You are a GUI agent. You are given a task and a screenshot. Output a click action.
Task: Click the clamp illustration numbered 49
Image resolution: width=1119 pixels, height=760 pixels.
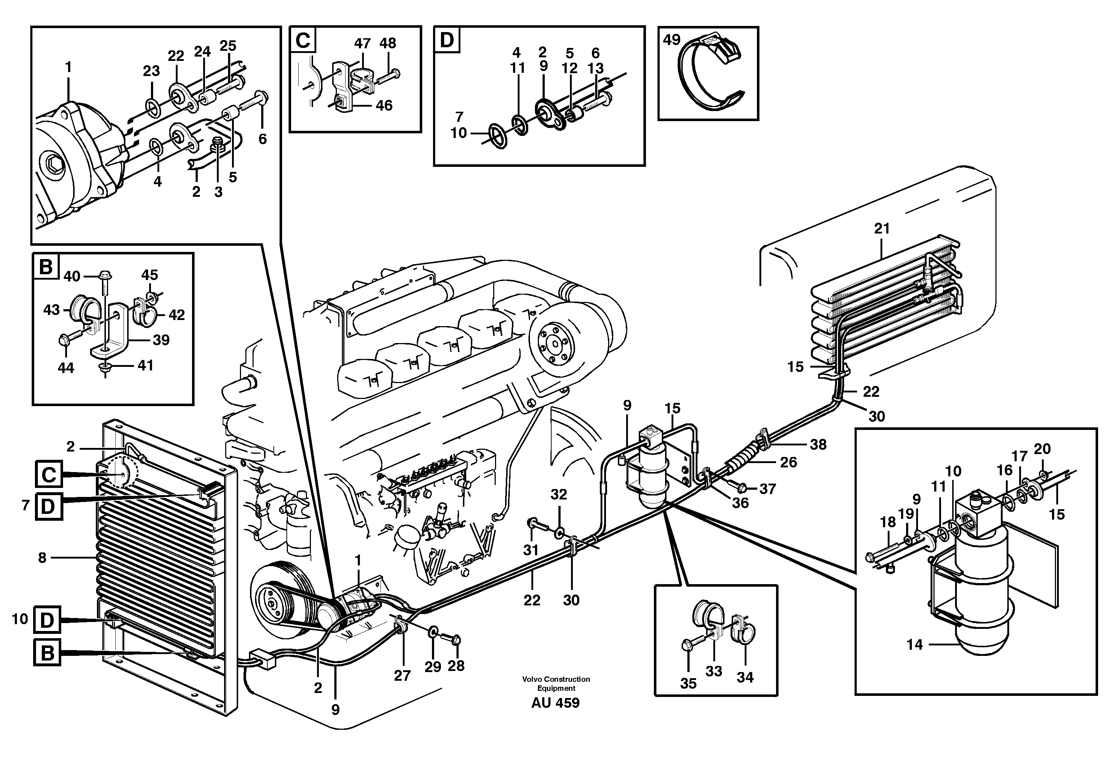(712, 77)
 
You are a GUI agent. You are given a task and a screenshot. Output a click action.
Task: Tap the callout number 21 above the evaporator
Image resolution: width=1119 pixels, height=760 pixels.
(882, 229)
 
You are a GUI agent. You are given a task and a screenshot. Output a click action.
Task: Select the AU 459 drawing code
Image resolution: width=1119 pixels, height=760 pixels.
(555, 703)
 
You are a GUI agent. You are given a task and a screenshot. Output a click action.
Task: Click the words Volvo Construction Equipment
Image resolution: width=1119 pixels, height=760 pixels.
(556, 683)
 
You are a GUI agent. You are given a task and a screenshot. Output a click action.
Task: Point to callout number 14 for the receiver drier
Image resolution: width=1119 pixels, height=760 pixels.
(914, 644)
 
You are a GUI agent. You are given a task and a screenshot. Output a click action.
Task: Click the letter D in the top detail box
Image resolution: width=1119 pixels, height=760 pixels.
(447, 40)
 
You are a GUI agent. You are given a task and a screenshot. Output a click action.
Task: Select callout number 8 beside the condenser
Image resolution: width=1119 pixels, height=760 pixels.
(43, 558)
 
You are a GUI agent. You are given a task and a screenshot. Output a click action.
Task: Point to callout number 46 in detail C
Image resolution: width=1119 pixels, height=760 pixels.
(384, 106)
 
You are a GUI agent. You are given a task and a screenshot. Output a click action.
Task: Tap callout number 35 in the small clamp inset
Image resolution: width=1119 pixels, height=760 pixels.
(688, 683)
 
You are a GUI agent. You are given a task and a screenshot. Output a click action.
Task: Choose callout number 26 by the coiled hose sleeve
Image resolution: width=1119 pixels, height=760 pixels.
(788, 462)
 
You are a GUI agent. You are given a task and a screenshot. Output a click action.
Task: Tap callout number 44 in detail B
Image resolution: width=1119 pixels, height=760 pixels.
(66, 368)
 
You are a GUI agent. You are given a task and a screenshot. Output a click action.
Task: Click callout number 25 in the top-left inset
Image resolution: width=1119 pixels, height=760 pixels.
(228, 46)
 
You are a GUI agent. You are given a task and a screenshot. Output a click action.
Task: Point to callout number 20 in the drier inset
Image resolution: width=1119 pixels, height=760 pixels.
(1042, 449)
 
